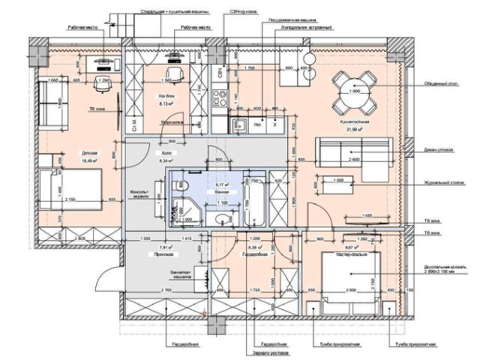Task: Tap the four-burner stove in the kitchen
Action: click(x=220, y=98)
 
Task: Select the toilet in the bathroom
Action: click(x=222, y=218)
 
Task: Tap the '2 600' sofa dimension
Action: click(x=353, y=160)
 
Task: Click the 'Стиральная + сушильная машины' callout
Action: click(x=160, y=13)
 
